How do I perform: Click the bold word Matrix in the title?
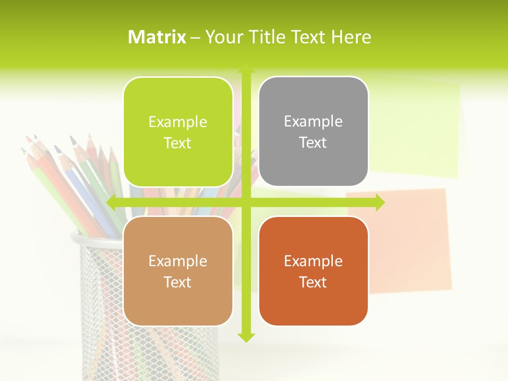click(x=157, y=37)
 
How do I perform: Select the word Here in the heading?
click(x=351, y=37)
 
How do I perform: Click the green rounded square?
click(x=178, y=132)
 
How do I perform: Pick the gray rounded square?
click(x=313, y=132)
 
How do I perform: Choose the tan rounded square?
click(x=178, y=271)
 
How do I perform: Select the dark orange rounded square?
click(x=313, y=271)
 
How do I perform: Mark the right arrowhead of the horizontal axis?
click(x=380, y=202)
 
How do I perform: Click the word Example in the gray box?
click(x=313, y=122)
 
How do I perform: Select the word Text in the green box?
click(x=178, y=143)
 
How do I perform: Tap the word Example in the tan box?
click(x=178, y=261)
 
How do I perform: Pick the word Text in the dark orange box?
click(x=313, y=283)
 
